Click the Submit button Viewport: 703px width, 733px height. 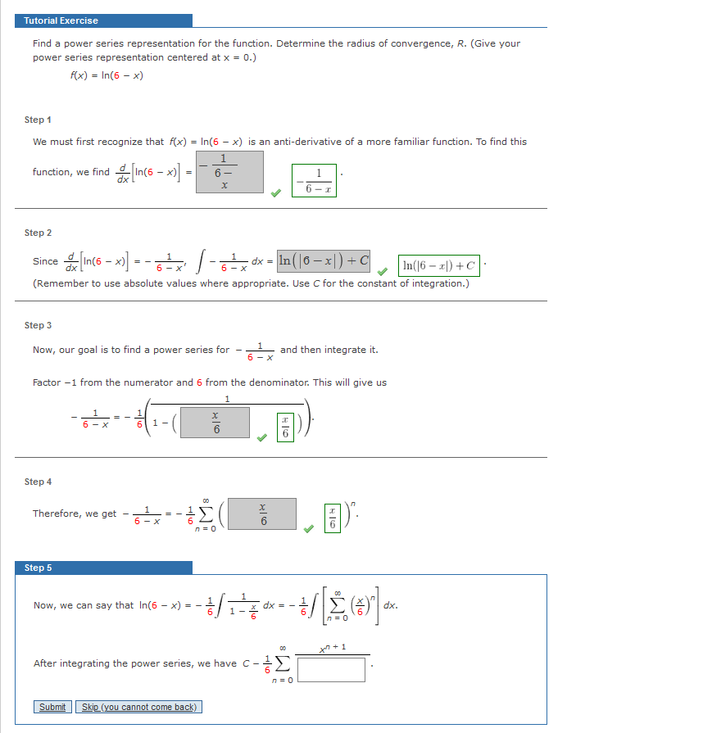tap(52, 707)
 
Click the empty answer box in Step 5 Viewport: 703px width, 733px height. tap(332, 669)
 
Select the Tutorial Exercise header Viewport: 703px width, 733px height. tap(102, 20)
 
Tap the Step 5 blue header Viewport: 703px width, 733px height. tap(102, 568)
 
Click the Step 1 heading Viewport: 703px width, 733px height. tap(39, 120)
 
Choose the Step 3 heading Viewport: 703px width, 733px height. tap(39, 325)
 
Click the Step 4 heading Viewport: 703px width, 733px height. tap(39, 482)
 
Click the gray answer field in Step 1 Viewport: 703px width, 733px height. tap(230, 171)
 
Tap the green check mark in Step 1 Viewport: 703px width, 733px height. tap(277, 193)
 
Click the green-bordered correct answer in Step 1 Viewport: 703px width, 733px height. tap(314, 179)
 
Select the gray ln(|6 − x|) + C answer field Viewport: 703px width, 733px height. tap(324, 261)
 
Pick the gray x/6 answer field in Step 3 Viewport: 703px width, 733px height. tap(216, 423)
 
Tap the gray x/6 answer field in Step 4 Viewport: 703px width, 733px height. tap(263, 513)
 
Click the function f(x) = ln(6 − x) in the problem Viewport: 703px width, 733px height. tap(107, 75)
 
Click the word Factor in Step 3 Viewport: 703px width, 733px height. tap(48, 382)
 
